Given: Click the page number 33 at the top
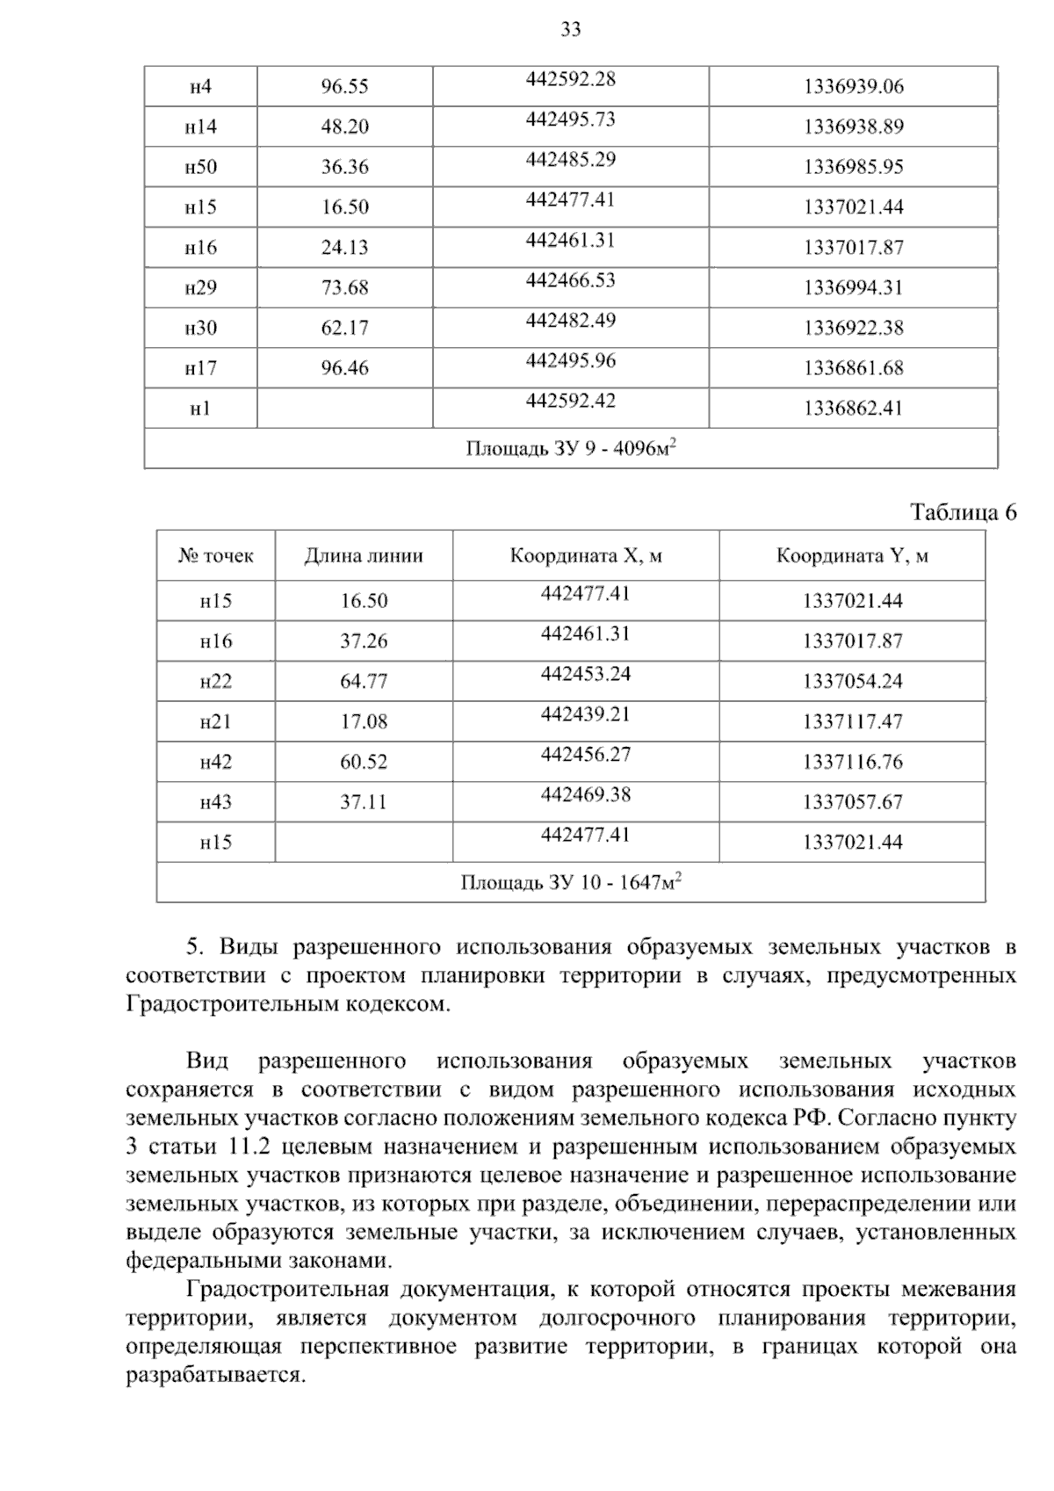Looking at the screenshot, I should (x=570, y=30).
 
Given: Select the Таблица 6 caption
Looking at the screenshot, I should (x=963, y=512).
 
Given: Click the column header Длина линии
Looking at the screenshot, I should (x=364, y=556).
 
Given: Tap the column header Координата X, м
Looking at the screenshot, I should (x=586, y=556).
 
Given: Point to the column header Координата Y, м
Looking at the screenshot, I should (x=852, y=556).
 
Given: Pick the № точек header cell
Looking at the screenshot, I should (x=216, y=556).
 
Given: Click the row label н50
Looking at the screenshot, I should (x=200, y=167).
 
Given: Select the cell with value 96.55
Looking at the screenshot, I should (x=344, y=86).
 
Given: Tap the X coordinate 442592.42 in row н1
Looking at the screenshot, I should (x=571, y=402).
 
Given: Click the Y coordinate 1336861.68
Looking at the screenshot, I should (x=853, y=368).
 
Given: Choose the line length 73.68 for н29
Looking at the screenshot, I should (x=344, y=288).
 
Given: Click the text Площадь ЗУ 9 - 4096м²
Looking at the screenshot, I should (x=570, y=449).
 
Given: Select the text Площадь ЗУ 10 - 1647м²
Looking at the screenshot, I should (x=571, y=882).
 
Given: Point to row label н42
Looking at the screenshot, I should (x=216, y=762).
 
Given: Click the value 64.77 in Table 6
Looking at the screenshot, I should (x=364, y=682).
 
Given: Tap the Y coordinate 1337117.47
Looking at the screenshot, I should (x=852, y=722).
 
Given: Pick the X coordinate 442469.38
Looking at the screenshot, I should (x=586, y=795).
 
